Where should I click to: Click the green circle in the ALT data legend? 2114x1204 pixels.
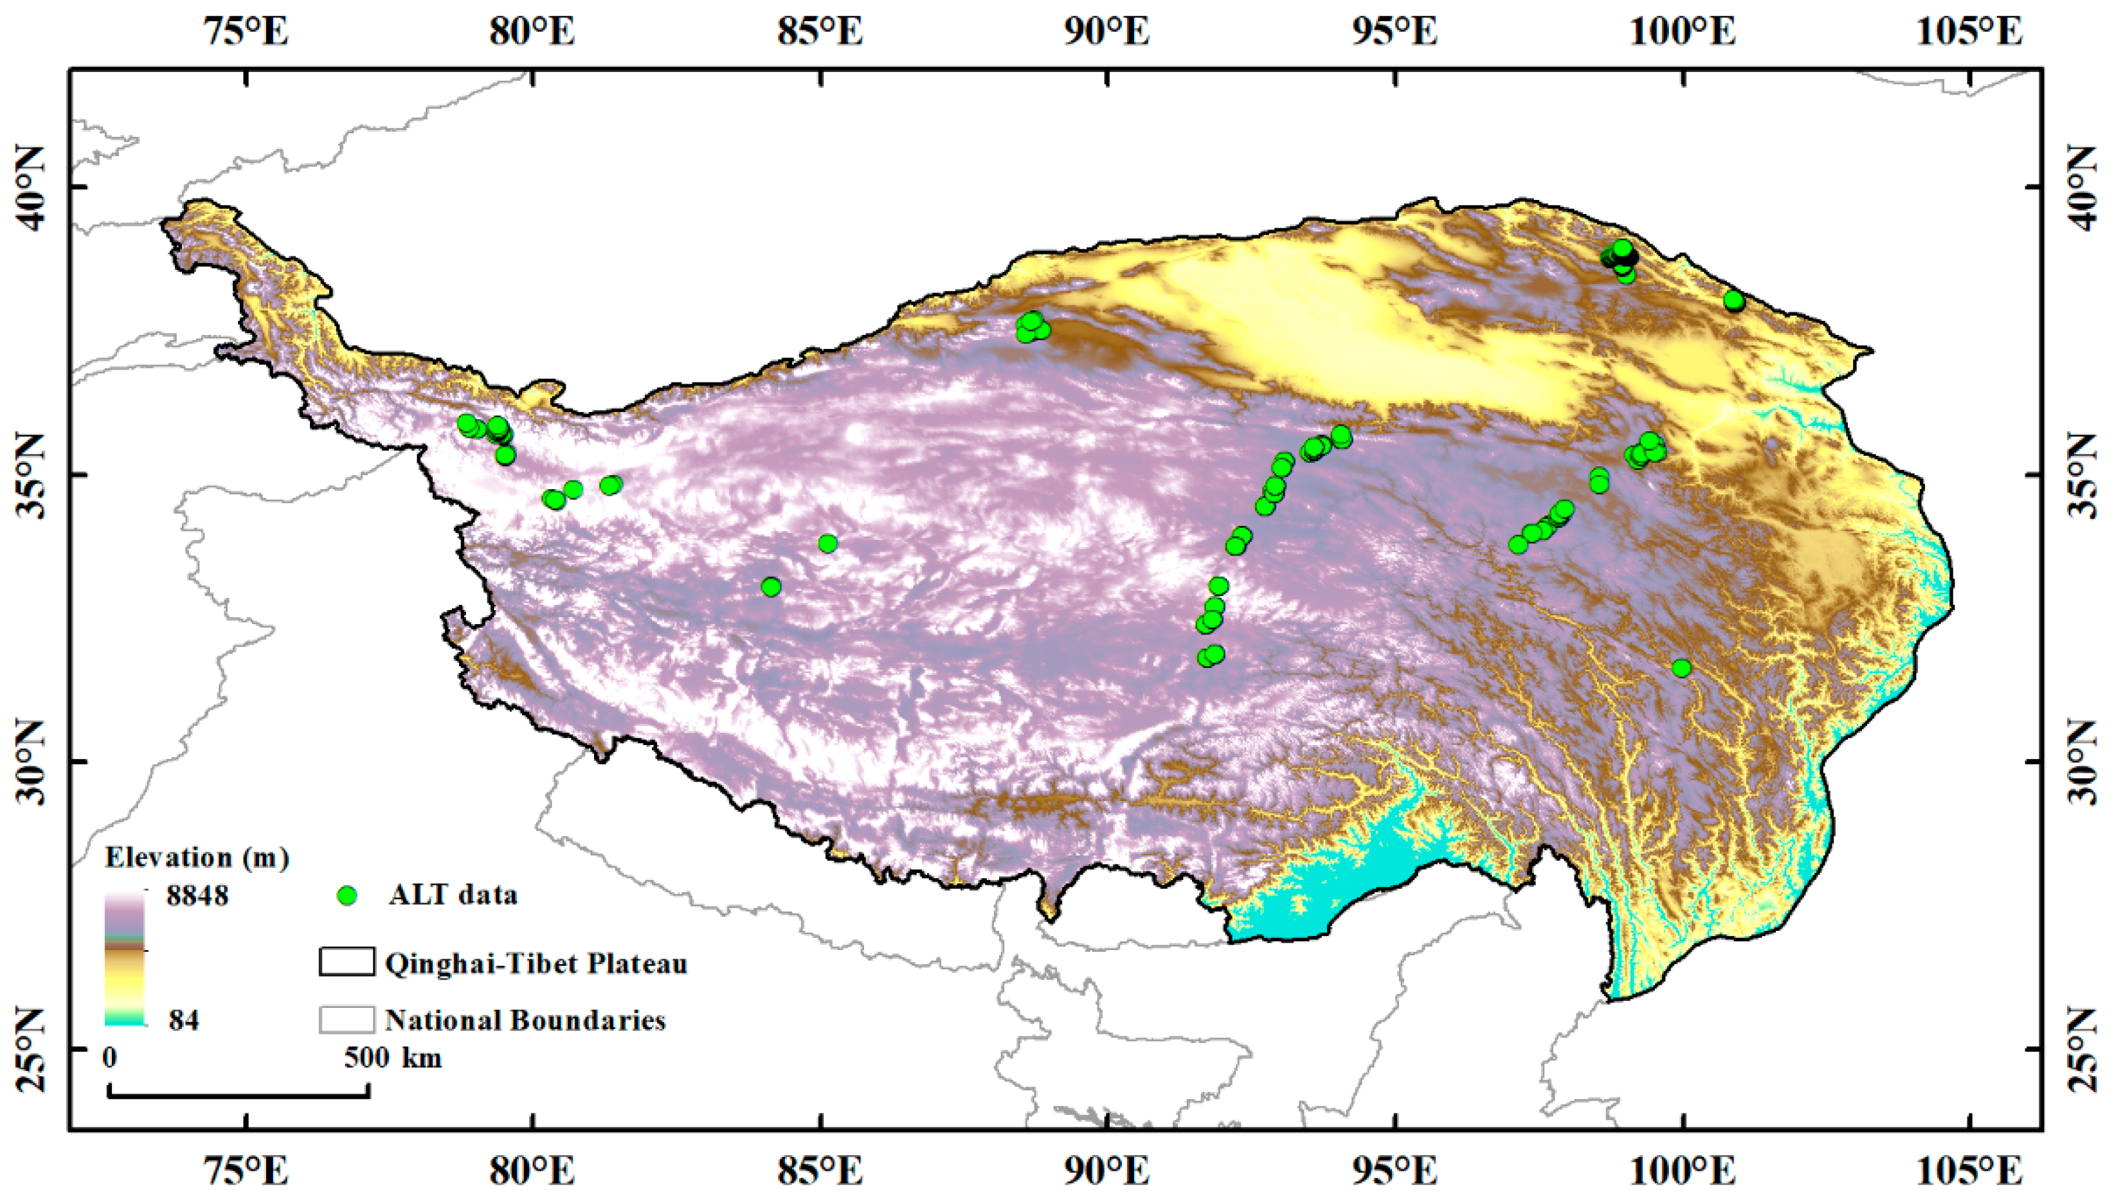click(348, 895)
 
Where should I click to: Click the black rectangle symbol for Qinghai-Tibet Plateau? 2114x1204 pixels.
click(347, 962)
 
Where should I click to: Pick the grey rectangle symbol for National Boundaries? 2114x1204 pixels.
click(347, 1020)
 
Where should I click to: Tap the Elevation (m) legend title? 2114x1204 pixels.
click(197, 858)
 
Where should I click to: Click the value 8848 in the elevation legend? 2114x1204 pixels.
click(197, 895)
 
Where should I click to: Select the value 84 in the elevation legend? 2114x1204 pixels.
click(184, 1020)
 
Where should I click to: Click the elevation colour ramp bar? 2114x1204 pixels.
click(125, 959)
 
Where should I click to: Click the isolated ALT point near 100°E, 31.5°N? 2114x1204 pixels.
click(1681, 668)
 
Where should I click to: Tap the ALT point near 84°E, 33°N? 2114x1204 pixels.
click(771, 587)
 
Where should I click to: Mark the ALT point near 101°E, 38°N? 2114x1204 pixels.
click(1733, 301)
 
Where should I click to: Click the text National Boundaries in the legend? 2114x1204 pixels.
click(525, 1020)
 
